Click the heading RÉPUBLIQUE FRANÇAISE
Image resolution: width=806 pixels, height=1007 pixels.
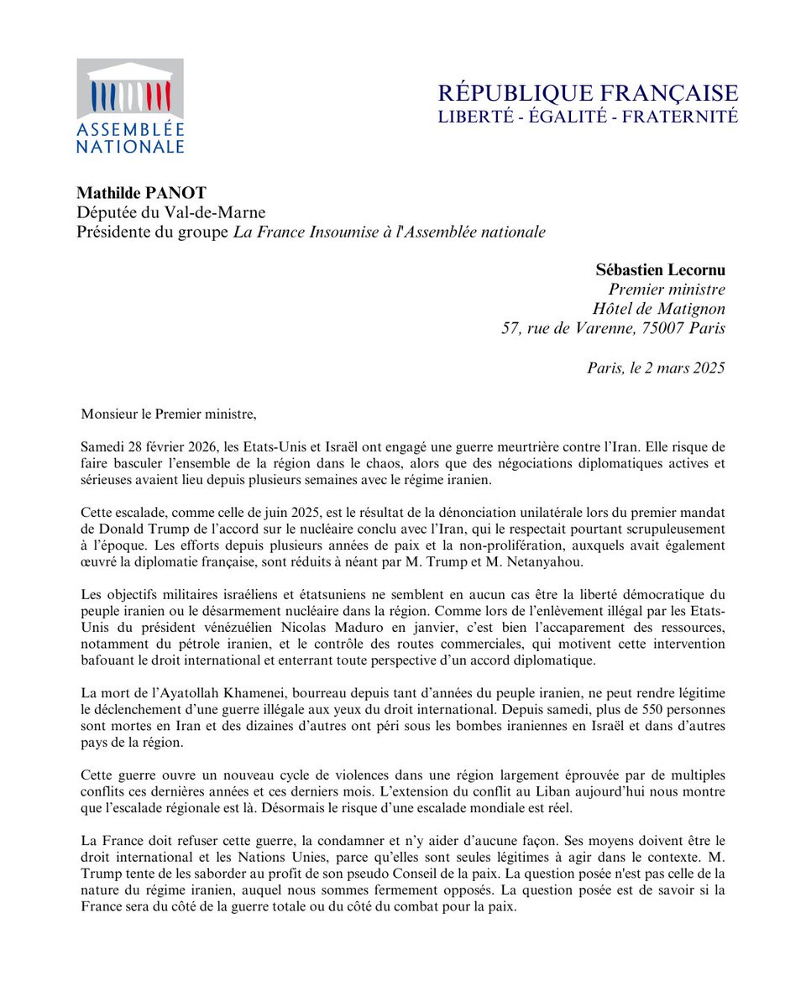click(x=589, y=92)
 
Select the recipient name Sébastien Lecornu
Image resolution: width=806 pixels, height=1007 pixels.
click(x=661, y=270)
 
